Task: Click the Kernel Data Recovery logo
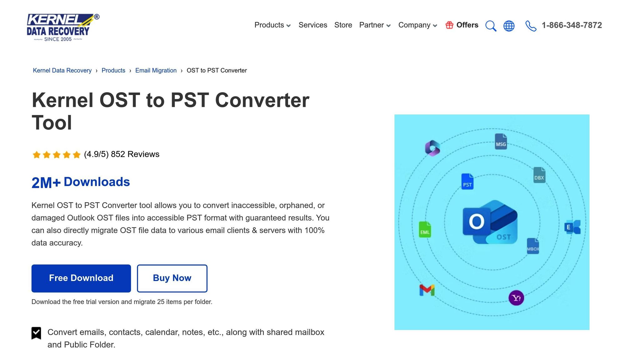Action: click(62, 27)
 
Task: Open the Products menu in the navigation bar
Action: click(272, 25)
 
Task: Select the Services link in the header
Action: click(313, 25)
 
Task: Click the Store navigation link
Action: click(343, 25)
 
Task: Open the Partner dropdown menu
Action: click(375, 25)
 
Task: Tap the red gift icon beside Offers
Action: click(449, 25)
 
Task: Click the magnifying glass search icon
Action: click(491, 26)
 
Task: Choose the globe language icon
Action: click(509, 26)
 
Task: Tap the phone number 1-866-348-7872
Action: click(572, 25)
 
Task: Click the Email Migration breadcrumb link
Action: click(156, 70)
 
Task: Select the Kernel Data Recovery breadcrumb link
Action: click(62, 70)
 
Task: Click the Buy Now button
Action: click(172, 278)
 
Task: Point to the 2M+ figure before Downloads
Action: click(46, 182)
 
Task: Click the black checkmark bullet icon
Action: click(36, 333)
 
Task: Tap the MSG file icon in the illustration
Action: click(501, 142)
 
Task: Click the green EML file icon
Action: click(425, 230)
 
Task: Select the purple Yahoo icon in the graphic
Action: click(516, 298)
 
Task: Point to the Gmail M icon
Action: click(427, 290)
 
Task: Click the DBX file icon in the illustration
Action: click(539, 175)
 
